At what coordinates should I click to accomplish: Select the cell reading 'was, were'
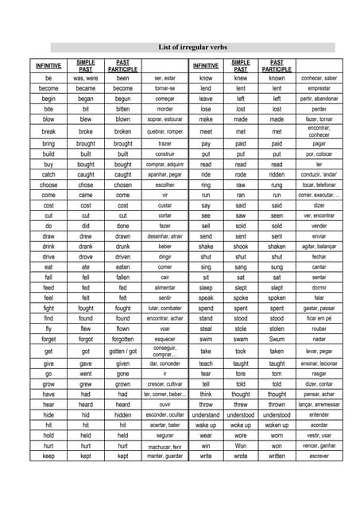point(86,79)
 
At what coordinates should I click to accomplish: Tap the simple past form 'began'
point(86,99)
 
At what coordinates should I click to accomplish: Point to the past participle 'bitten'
point(123,109)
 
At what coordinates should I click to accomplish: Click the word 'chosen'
point(123,185)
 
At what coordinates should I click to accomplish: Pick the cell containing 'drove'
point(86,257)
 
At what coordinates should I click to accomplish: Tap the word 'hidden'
point(123,414)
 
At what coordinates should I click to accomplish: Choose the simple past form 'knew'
point(240,79)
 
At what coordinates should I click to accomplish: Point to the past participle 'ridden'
point(277,174)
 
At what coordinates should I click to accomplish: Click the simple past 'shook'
point(240,247)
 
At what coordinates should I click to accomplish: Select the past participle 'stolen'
point(277,328)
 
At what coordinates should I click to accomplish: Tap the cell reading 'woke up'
point(240,425)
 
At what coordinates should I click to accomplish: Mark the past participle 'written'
point(277,456)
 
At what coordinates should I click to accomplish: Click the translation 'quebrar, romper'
point(165,131)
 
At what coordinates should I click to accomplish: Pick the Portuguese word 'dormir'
point(319,287)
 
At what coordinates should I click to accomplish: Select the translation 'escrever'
point(319,456)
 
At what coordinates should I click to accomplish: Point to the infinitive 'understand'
point(206,414)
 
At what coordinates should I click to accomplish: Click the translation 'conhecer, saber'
point(319,79)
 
